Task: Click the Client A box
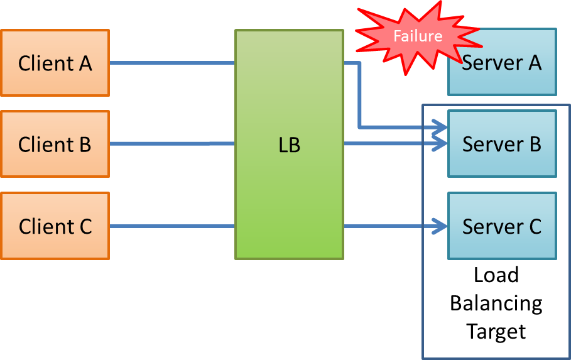coord(55,63)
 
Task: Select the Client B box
coord(55,144)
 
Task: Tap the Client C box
coord(55,226)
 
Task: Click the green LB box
coord(289,188)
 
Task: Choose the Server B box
coord(502,144)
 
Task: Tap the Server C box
coord(502,226)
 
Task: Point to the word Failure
coord(418,36)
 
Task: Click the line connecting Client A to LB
coord(173,63)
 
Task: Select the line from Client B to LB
coord(173,144)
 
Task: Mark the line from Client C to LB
coord(173,226)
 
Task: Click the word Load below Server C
coord(496,275)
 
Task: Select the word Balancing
coord(496,303)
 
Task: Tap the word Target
coord(496,331)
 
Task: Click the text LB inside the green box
coord(289,145)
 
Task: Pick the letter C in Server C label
coord(534,226)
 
